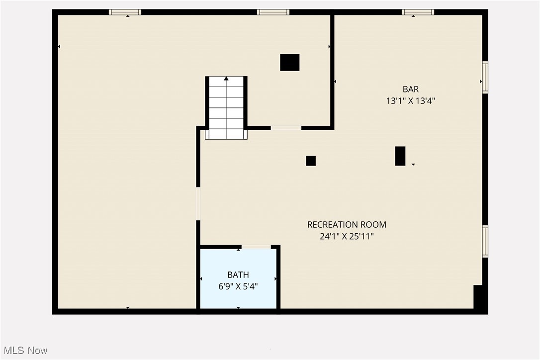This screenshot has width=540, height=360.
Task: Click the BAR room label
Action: pos(410,90)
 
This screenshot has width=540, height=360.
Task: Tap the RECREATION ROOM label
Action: pos(347,225)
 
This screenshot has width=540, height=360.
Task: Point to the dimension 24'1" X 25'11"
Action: pos(347,237)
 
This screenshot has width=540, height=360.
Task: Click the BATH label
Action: pos(238,275)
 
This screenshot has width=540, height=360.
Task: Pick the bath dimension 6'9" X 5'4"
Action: pos(238,287)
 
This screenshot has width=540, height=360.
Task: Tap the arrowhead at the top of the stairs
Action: pos(226,79)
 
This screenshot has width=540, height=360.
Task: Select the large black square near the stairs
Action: pos(289,63)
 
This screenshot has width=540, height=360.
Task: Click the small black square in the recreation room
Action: pos(311,161)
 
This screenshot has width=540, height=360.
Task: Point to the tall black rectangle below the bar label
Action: pos(400,156)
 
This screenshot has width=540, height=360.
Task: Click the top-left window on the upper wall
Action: pos(125,12)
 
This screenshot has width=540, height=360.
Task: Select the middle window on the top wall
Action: pos(273,12)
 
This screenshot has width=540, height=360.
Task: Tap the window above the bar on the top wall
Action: pos(418,12)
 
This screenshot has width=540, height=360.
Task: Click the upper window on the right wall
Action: pos(485,77)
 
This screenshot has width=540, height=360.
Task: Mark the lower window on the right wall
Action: pos(485,241)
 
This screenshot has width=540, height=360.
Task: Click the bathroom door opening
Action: pos(256,247)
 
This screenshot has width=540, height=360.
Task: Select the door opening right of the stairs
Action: pos(286,128)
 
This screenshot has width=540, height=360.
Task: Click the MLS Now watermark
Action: pos(24,351)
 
